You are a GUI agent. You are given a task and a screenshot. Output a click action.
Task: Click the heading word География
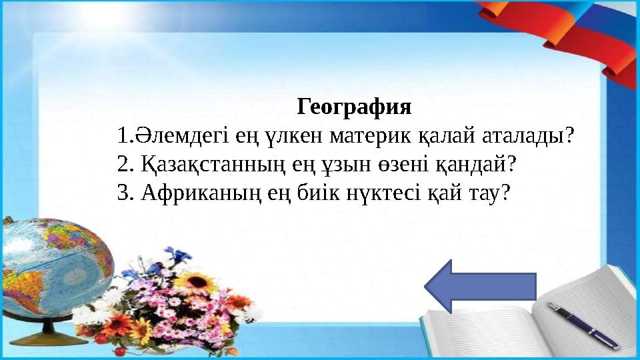(354, 107)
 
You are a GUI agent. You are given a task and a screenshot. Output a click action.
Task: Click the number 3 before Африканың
(121, 193)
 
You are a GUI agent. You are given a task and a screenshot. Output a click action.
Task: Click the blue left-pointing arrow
(480, 286)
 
